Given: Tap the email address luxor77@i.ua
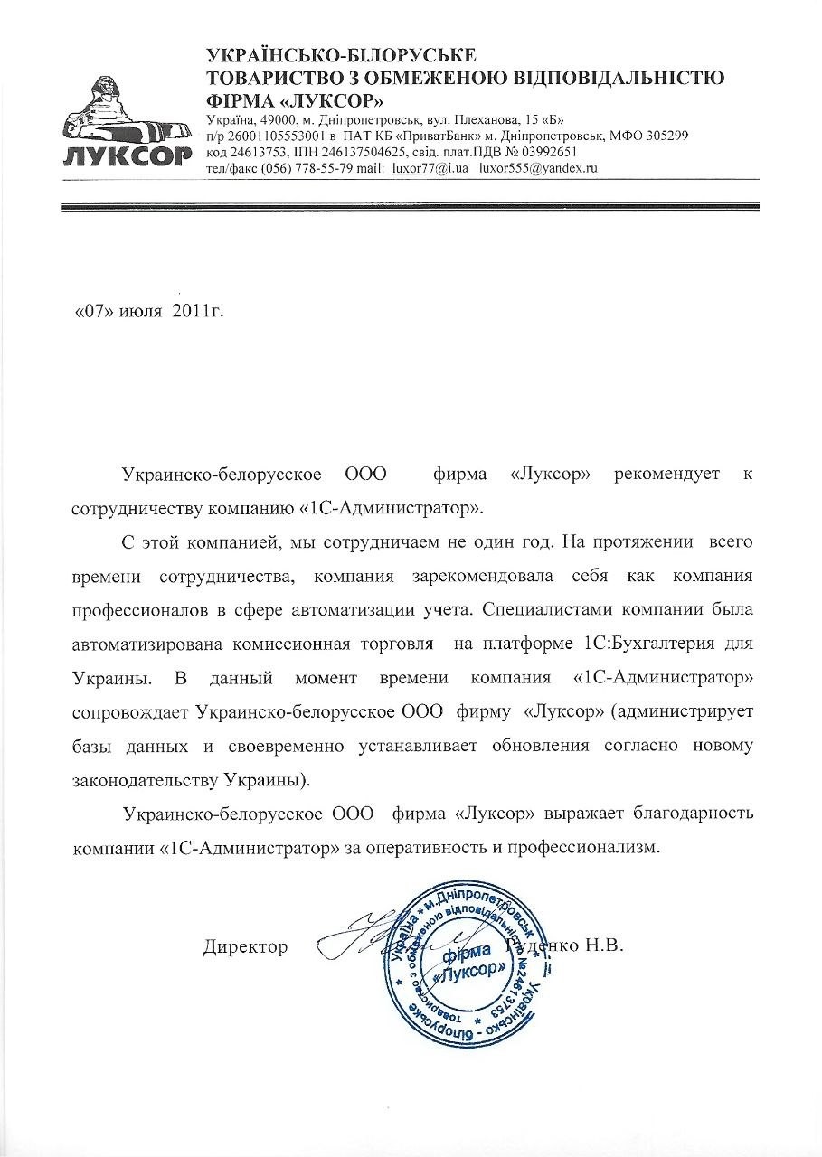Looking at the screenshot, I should (430, 169).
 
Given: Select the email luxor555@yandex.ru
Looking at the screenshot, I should (539, 169).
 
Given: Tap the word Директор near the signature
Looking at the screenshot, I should (246, 947).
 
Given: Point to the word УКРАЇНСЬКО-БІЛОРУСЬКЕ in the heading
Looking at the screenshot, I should (341, 56).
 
